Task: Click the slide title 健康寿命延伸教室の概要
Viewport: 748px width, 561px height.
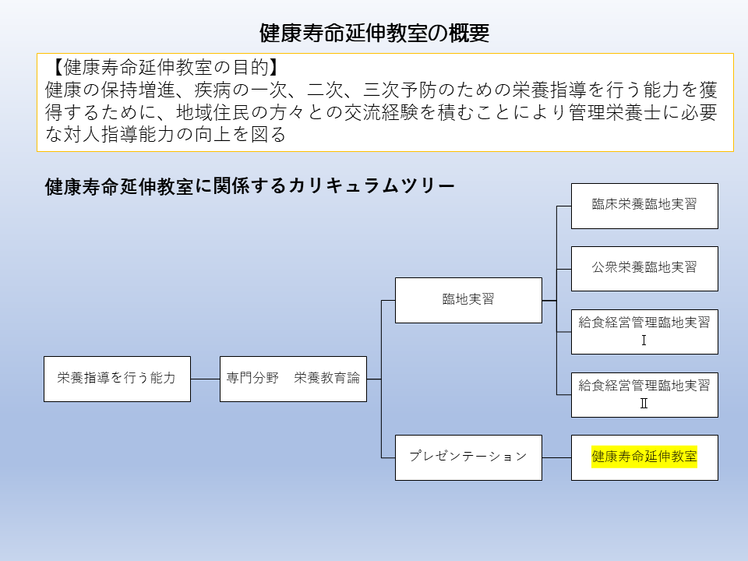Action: point(374,33)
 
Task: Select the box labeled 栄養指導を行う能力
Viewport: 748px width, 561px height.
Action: point(117,379)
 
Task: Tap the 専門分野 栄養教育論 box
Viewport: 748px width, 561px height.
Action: point(293,379)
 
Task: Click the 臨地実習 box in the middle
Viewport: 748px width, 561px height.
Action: point(468,300)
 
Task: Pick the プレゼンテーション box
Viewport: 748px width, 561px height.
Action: point(468,457)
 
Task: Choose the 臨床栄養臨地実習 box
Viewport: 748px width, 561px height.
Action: point(644,206)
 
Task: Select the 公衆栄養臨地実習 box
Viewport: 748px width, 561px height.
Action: point(644,268)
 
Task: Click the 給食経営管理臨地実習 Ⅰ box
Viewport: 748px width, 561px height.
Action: point(644,331)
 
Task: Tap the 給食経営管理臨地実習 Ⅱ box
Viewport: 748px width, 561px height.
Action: point(644,394)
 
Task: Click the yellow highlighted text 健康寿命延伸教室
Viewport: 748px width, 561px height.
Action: point(644,457)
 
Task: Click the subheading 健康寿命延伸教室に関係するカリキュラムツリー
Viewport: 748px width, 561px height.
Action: point(250,187)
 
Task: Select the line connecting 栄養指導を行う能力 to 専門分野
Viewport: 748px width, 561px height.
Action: point(205,379)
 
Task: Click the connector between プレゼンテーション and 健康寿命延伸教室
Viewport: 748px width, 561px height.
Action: point(556,457)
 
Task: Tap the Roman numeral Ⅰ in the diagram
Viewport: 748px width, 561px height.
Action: point(644,340)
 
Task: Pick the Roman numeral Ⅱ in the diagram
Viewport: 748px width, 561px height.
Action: point(644,404)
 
